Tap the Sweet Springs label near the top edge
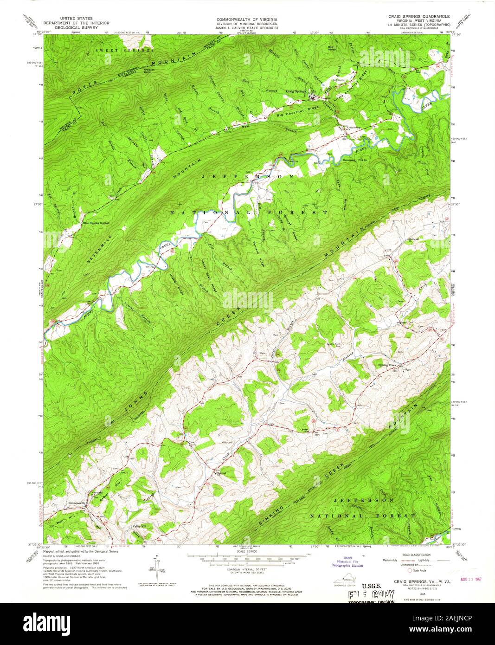click(x=124, y=50)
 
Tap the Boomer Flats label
click(x=354, y=160)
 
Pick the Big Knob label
click(x=331, y=48)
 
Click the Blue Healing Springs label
click(x=96, y=223)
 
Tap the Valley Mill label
click(x=139, y=526)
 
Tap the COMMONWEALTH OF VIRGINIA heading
click(x=247, y=19)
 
